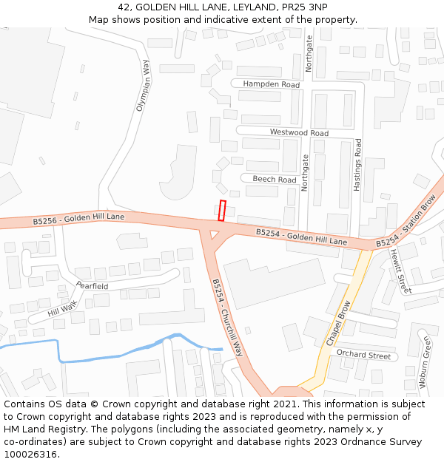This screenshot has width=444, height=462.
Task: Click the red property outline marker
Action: tap(222, 211)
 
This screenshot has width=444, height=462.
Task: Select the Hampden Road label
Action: tap(272, 85)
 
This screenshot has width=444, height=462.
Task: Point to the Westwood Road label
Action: tap(299, 133)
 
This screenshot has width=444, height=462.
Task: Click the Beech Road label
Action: tap(274, 180)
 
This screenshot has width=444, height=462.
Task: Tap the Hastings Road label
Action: tap(357, 166)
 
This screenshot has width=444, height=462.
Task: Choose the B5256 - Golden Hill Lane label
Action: tap(78, 219)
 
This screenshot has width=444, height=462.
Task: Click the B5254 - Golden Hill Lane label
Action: tap(301, 237)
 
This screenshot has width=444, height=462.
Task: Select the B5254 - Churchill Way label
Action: tap(227, 317)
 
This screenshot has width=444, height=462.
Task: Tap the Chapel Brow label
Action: tap(339, 323)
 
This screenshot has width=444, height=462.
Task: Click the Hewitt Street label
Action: tap(400, 271)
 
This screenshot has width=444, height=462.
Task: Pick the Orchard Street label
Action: tap(363, 356)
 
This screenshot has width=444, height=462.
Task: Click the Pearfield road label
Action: tap(92, 286)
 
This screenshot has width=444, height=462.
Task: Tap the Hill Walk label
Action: tap(62, 309)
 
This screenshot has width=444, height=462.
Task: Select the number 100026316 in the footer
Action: tap(32, 455)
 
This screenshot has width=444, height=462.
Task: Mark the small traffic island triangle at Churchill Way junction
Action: tap(215, 235)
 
